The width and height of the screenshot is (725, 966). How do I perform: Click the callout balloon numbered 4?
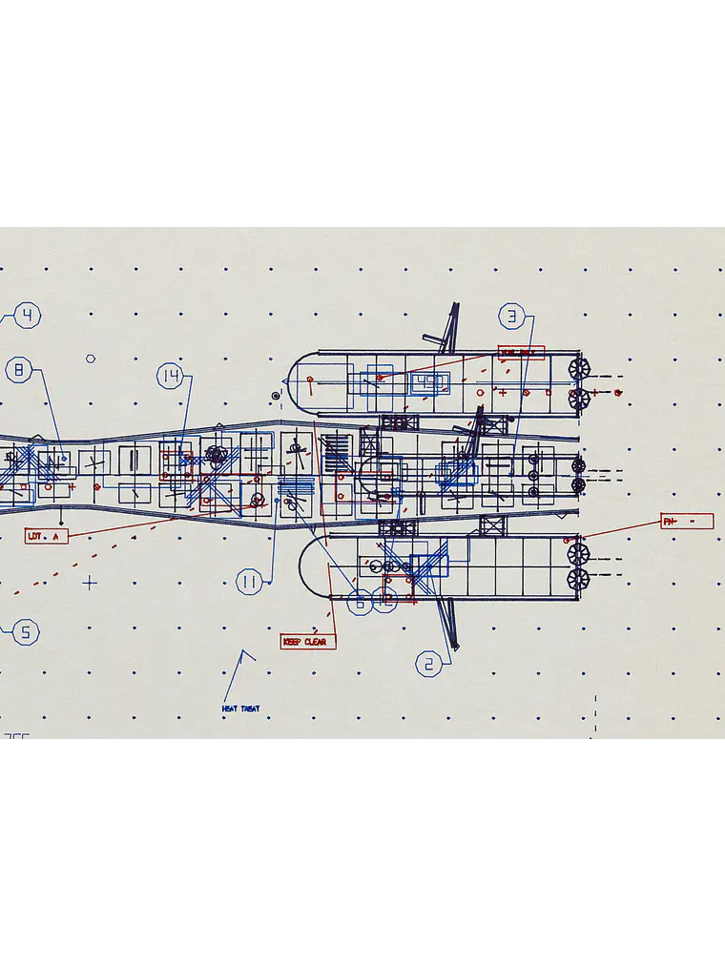28,316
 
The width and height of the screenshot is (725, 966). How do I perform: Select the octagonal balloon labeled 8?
19,370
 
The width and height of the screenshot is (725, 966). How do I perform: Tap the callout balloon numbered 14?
171,377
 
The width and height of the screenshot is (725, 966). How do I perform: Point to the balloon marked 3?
512,317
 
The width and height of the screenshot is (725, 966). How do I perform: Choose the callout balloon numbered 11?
250,582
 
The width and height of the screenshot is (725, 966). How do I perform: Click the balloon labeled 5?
26,631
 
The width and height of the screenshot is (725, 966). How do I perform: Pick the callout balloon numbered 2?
428,665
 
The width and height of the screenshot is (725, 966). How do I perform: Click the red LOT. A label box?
47,537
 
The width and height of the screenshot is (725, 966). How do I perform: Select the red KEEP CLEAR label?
308,642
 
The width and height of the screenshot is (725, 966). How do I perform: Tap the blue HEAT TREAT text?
240,709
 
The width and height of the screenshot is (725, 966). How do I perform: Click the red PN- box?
687,522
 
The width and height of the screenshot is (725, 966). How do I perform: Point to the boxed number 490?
430,382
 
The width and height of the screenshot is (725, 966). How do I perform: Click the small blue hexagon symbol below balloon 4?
91,360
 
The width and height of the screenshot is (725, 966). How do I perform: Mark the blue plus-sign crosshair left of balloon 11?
90,582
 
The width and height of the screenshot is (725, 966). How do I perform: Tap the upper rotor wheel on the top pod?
577,368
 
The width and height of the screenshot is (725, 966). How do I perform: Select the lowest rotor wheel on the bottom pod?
577,579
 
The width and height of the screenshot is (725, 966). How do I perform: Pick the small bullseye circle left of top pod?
276,395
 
